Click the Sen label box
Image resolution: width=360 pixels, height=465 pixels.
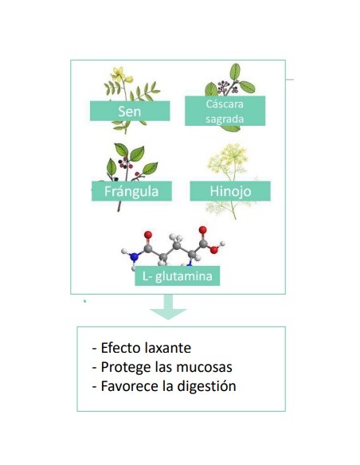(130, 111)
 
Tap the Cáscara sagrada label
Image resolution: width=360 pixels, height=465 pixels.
(225, 111)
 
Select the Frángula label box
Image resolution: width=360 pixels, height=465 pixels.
(131, 191)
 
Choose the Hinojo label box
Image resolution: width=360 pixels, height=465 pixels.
(230, 191)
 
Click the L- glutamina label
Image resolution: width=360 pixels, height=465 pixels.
(178, 276)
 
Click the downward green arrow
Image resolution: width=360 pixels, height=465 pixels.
(168, 307)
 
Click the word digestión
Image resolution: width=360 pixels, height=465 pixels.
(206, 386)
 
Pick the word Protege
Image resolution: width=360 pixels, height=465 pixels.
(126, 367)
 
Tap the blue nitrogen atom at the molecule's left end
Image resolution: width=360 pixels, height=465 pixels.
(135, 256)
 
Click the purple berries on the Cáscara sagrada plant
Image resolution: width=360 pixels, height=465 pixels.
(226, 86)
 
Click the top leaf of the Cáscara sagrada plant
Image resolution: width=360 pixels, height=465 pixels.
(235, 72)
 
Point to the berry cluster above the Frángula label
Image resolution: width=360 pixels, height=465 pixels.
(127, 163)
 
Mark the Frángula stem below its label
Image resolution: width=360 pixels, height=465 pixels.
(119, 206)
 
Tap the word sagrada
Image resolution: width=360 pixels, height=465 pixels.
(225, 119)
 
